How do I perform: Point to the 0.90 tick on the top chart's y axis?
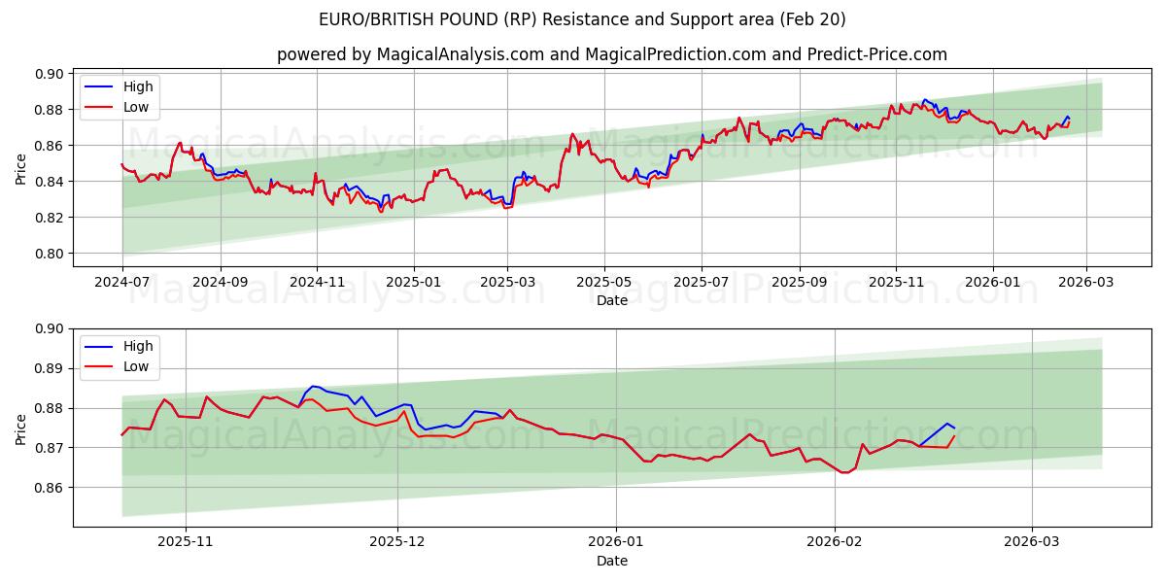click(x=51, y=74)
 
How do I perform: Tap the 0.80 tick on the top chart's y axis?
click(x=51, y=254)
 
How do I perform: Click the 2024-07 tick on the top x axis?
click(x=122, y=282)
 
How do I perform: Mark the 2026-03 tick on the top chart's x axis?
click(x=1085, y=282)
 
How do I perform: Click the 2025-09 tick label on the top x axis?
click(x=800, y=282)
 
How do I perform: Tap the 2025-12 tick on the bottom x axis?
click(x=397, y=541)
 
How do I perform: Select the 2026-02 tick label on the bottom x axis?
click(x=835, y=541)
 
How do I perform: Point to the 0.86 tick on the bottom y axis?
click(x=51, y=488)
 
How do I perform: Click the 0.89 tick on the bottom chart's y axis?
click(x=51, y=368)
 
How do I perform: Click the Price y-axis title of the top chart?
click(x=21, y=170)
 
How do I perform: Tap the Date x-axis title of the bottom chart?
click(x=611, y=561)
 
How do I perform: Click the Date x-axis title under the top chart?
click(x=611, y=300)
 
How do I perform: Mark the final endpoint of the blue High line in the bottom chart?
click(x=954, y=429)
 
